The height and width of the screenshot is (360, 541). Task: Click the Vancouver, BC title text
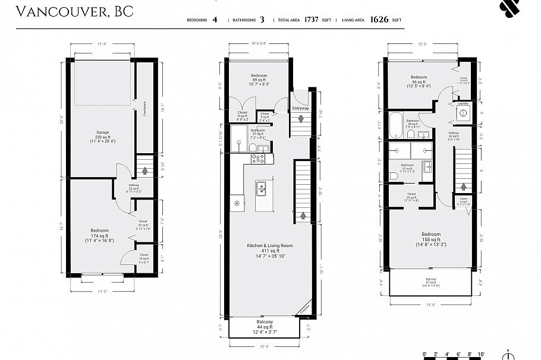click(74, 12)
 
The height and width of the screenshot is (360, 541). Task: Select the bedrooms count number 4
click(215, 20)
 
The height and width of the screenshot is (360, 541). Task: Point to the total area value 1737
click(311, 20)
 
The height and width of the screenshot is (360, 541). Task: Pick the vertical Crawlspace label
click(144, 109)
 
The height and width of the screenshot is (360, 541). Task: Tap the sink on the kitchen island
click(260, 190)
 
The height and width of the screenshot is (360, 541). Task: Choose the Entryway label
click(300, 109)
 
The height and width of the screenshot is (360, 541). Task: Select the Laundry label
click(463, 103)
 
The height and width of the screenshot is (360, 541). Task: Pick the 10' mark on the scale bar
click(480, 354)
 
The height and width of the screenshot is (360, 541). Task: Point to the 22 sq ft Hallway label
click(134, 188)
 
